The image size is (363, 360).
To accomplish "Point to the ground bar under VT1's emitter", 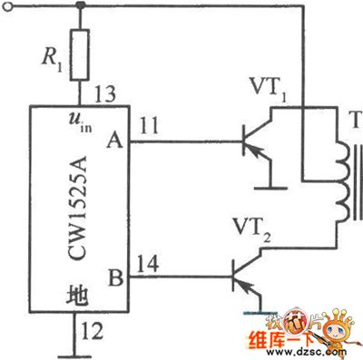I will coord(272,189).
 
